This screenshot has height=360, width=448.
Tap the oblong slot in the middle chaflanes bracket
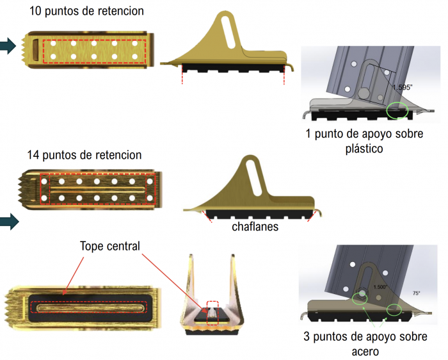pyautogui.click(x=259, y=178)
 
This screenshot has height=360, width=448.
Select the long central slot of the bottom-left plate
pyautogui.click(x=89, y=307)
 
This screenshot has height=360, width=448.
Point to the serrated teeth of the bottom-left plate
pyautogui.click(x=13, y=307)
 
